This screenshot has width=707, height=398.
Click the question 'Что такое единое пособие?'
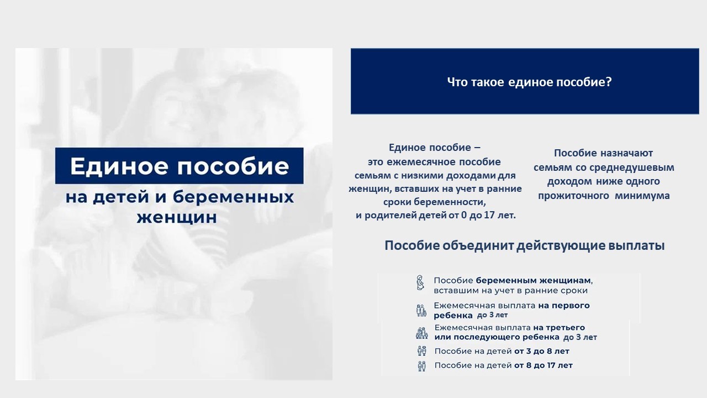coord(529,82)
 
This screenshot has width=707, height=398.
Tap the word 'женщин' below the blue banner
coord(177,217)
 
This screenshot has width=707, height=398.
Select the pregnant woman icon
coord(420,282)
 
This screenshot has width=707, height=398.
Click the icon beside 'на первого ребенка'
coord(421,311)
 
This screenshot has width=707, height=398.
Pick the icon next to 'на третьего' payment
coord(421,333)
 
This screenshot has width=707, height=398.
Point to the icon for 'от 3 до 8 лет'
coord(421,351)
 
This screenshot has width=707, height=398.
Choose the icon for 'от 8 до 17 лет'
coord(421,366)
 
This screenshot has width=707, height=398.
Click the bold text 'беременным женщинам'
coord(534,280)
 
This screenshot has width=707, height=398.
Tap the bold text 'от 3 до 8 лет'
coord(542,351)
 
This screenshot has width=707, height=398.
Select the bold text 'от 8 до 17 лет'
coord(543,365)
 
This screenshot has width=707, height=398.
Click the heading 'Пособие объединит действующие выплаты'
coord(525,246)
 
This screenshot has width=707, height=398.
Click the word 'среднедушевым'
coord(631,167)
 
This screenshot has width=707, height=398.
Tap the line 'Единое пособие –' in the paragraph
coord(435,148)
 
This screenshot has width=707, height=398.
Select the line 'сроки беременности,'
coord(435,202)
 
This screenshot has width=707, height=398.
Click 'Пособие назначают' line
coord(604,153)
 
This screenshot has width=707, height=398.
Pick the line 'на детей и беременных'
coord(180,197)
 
